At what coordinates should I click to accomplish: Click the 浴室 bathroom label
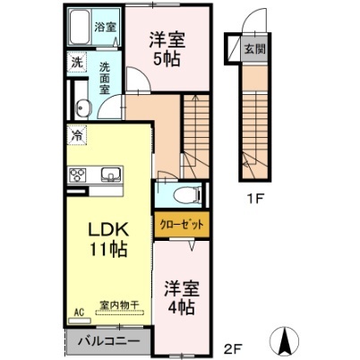point(106,27)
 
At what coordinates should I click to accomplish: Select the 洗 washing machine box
point(78,64)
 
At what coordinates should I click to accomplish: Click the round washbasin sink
point(83,108)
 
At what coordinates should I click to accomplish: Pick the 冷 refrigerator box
point(78,136)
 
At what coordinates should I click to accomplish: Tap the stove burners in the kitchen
point(78,175)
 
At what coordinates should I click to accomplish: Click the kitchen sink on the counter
point(111,174)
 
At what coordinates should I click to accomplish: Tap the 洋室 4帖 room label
point(179,298)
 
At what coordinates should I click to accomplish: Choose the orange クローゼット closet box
point(183,225)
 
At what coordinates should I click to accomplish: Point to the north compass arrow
point(286,340)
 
